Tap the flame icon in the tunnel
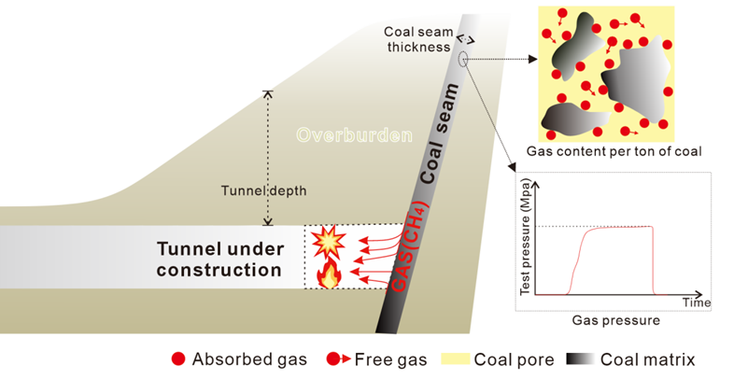click(329, 274)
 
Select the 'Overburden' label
click(354, 135)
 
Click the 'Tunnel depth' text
click(263, 190)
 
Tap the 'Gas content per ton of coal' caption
click(614, 150)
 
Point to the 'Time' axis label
click(697, 302)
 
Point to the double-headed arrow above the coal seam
click(464, 41)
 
